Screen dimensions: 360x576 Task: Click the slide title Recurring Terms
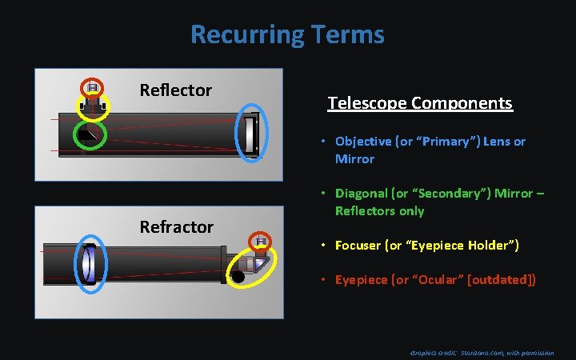pyautogui.click(x=287, y=34)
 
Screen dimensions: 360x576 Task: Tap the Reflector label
pyautogui.click(x=175, y=90)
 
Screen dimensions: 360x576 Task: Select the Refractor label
pyautogui.click(x=176, y=226)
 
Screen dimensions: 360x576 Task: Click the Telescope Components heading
pyautogui.click(x=420, y=103)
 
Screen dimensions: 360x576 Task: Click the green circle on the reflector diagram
pyautogui.click(x=87, y=135)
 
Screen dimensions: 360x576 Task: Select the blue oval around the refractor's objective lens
pyautogui.click(x=89, y=265)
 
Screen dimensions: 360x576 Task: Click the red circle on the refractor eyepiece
pyautogui.click(x=259, y=241)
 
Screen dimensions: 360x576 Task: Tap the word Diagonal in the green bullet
pyautogui.click(x=361, y=194)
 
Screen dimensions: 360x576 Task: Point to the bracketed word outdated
pyautogui.click(x=502, y=279)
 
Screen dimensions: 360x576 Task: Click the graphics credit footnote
pyautogui.click(x=481, y=352)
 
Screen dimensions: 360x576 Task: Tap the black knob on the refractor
pyautogui.click(x=238, y=277)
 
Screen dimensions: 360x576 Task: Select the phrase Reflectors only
pyautogui.click(x=379, y=211)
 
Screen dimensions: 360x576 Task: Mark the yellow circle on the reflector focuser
pyautogui.click(x=92, y=105)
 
